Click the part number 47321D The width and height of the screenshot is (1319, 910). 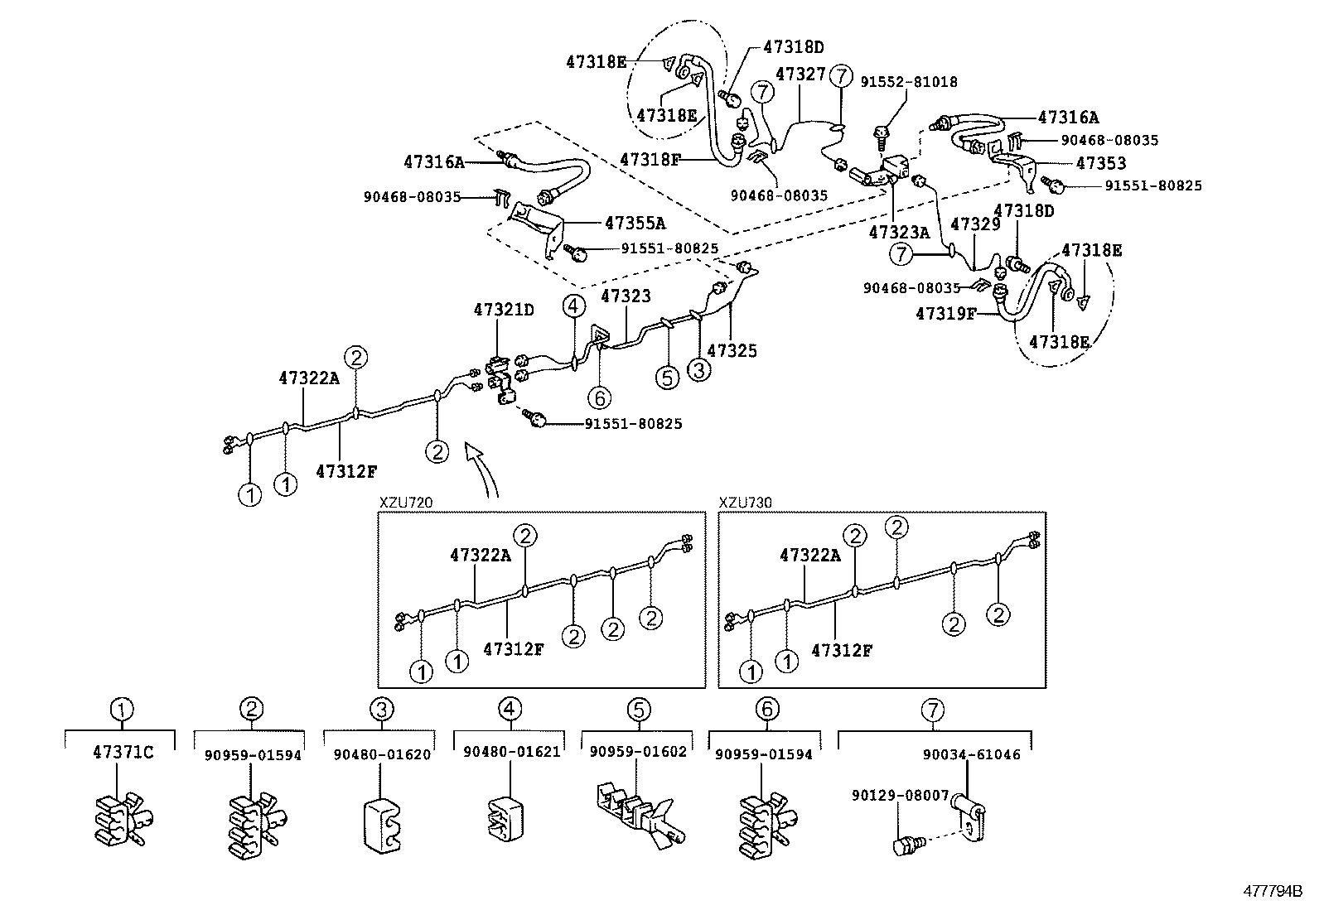(x=504, y=310)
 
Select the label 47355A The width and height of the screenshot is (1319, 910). (x=635, y=223)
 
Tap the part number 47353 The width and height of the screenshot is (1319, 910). (x=1101, y=164)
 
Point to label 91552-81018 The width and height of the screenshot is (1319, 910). (x=909, y=82)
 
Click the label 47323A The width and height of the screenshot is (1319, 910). (x=899, y=234)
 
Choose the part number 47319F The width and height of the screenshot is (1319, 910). (x=945, y=314)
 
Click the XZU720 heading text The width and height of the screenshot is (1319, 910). (x=406, y=503)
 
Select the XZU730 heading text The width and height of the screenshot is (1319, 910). (x=746, y=503)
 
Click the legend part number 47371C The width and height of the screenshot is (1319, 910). (x=123, y=753)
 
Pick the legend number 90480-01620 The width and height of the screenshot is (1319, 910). (x=382, y=754)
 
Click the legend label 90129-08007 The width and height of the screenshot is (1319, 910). (x=900, y=795)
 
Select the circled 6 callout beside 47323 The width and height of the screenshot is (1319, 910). (x=600, y=397)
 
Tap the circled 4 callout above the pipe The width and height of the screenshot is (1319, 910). (x=573, y=306)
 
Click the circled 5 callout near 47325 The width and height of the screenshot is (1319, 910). (x=667, y=377)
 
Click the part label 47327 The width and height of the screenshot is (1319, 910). (x=800, y=75)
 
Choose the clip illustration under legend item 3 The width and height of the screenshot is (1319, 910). (x=382, y=825)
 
